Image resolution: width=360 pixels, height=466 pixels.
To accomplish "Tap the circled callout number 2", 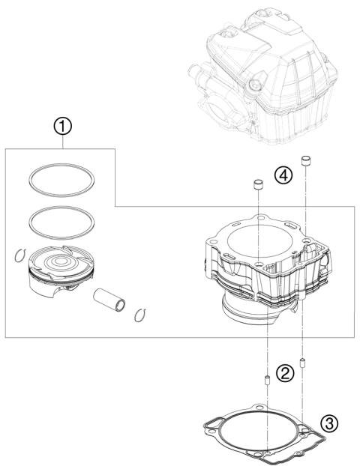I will click(284, 372).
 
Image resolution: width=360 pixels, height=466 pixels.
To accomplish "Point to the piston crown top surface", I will click(62, 264).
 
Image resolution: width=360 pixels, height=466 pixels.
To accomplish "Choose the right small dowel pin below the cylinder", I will click(304, 363).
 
